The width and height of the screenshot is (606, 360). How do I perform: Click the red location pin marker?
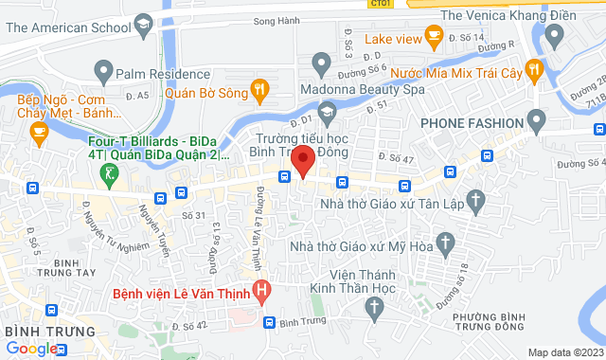[302, 160]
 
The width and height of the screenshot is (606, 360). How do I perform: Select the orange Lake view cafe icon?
[435, 38]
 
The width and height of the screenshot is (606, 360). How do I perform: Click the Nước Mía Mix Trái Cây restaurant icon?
[535, 68]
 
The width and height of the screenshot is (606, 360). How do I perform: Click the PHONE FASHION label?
[472, 123]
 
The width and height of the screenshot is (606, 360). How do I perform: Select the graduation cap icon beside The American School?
[143, 23]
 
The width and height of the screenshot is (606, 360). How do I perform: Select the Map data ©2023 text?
[564, 352]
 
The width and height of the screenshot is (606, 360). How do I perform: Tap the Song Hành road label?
[276, 20]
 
